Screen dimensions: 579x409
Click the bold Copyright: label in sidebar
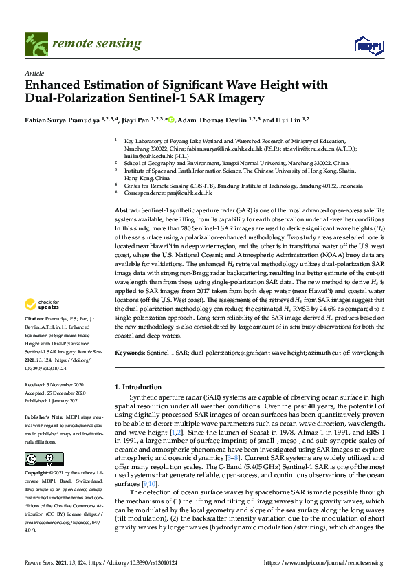pos(38,474)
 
